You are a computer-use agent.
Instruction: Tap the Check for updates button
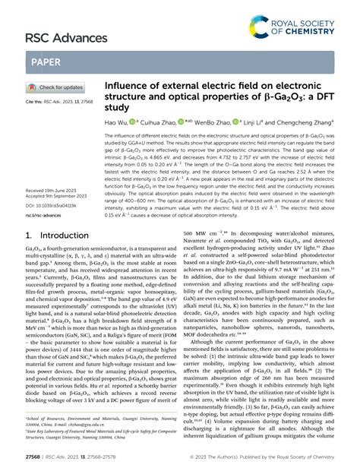coord(55,87)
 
